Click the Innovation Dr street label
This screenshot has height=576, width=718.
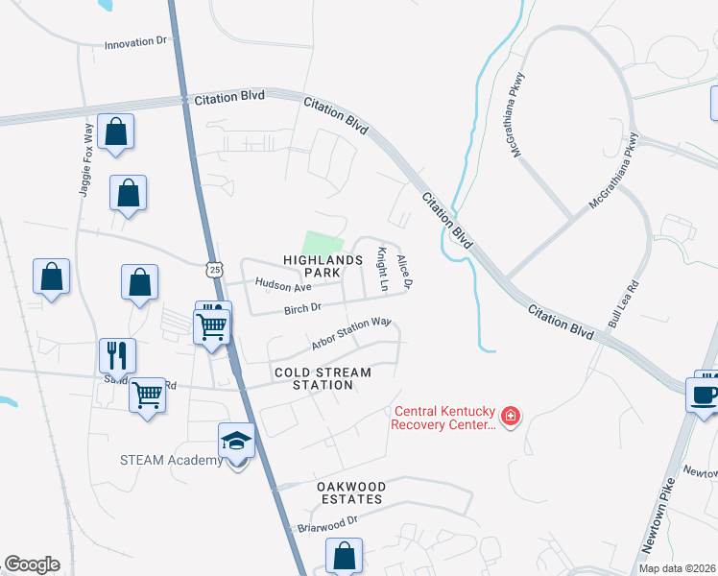[135, 43]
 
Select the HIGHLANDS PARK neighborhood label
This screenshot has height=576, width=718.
[323, 267]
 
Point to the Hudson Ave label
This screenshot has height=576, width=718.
[283, 286]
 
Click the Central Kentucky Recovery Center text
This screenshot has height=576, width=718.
[444, 418]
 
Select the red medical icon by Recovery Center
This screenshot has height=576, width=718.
[512, 416]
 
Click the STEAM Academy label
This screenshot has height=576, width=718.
[172, 460]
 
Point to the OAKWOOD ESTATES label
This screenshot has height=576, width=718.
[349, 492]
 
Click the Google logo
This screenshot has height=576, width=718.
[32, 564]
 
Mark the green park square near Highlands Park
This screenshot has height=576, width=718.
[323, 244]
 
